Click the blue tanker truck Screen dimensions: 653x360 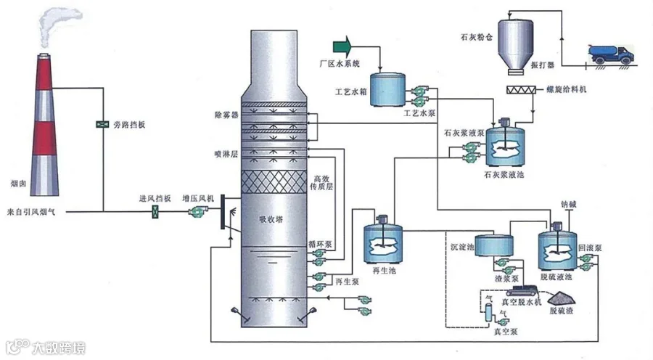pyautogui.click(x=611, y=54)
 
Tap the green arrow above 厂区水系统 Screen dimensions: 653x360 pyautogui.click(x=342, y=46)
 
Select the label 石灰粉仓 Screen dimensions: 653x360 pyautogui.click(x=476, y=37)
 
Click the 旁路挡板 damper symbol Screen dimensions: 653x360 pyautogui.click(x=102, y=124)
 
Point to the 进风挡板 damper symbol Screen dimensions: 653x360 pyautogui.click(x=155, y=212)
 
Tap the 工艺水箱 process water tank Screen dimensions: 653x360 pyautogui.click(x=387, y=89)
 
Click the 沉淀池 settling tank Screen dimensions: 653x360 pyautogui.click(x=493, y=245)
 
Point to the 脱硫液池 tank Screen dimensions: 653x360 pyautogui.click(x=557, y=247)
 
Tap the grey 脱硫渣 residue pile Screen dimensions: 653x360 pyautogui.click(x=562, y=298)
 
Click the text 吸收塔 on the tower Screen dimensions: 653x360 pyautogui.click(x=271, y=219)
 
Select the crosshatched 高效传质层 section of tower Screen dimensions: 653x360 pyautogui.click(x=274, y=182)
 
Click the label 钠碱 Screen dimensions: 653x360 pyautogui.click(x=568, y=204)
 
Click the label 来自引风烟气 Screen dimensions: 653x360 pyautogui.click(x=30, y=212)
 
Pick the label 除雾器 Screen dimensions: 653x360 pyautogui.click(x=226, y=115)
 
